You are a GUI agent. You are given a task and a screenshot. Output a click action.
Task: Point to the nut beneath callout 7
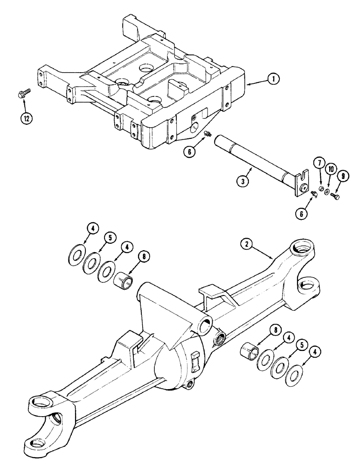[320, 190]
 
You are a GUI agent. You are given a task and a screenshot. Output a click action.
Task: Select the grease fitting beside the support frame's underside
[208, 135]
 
